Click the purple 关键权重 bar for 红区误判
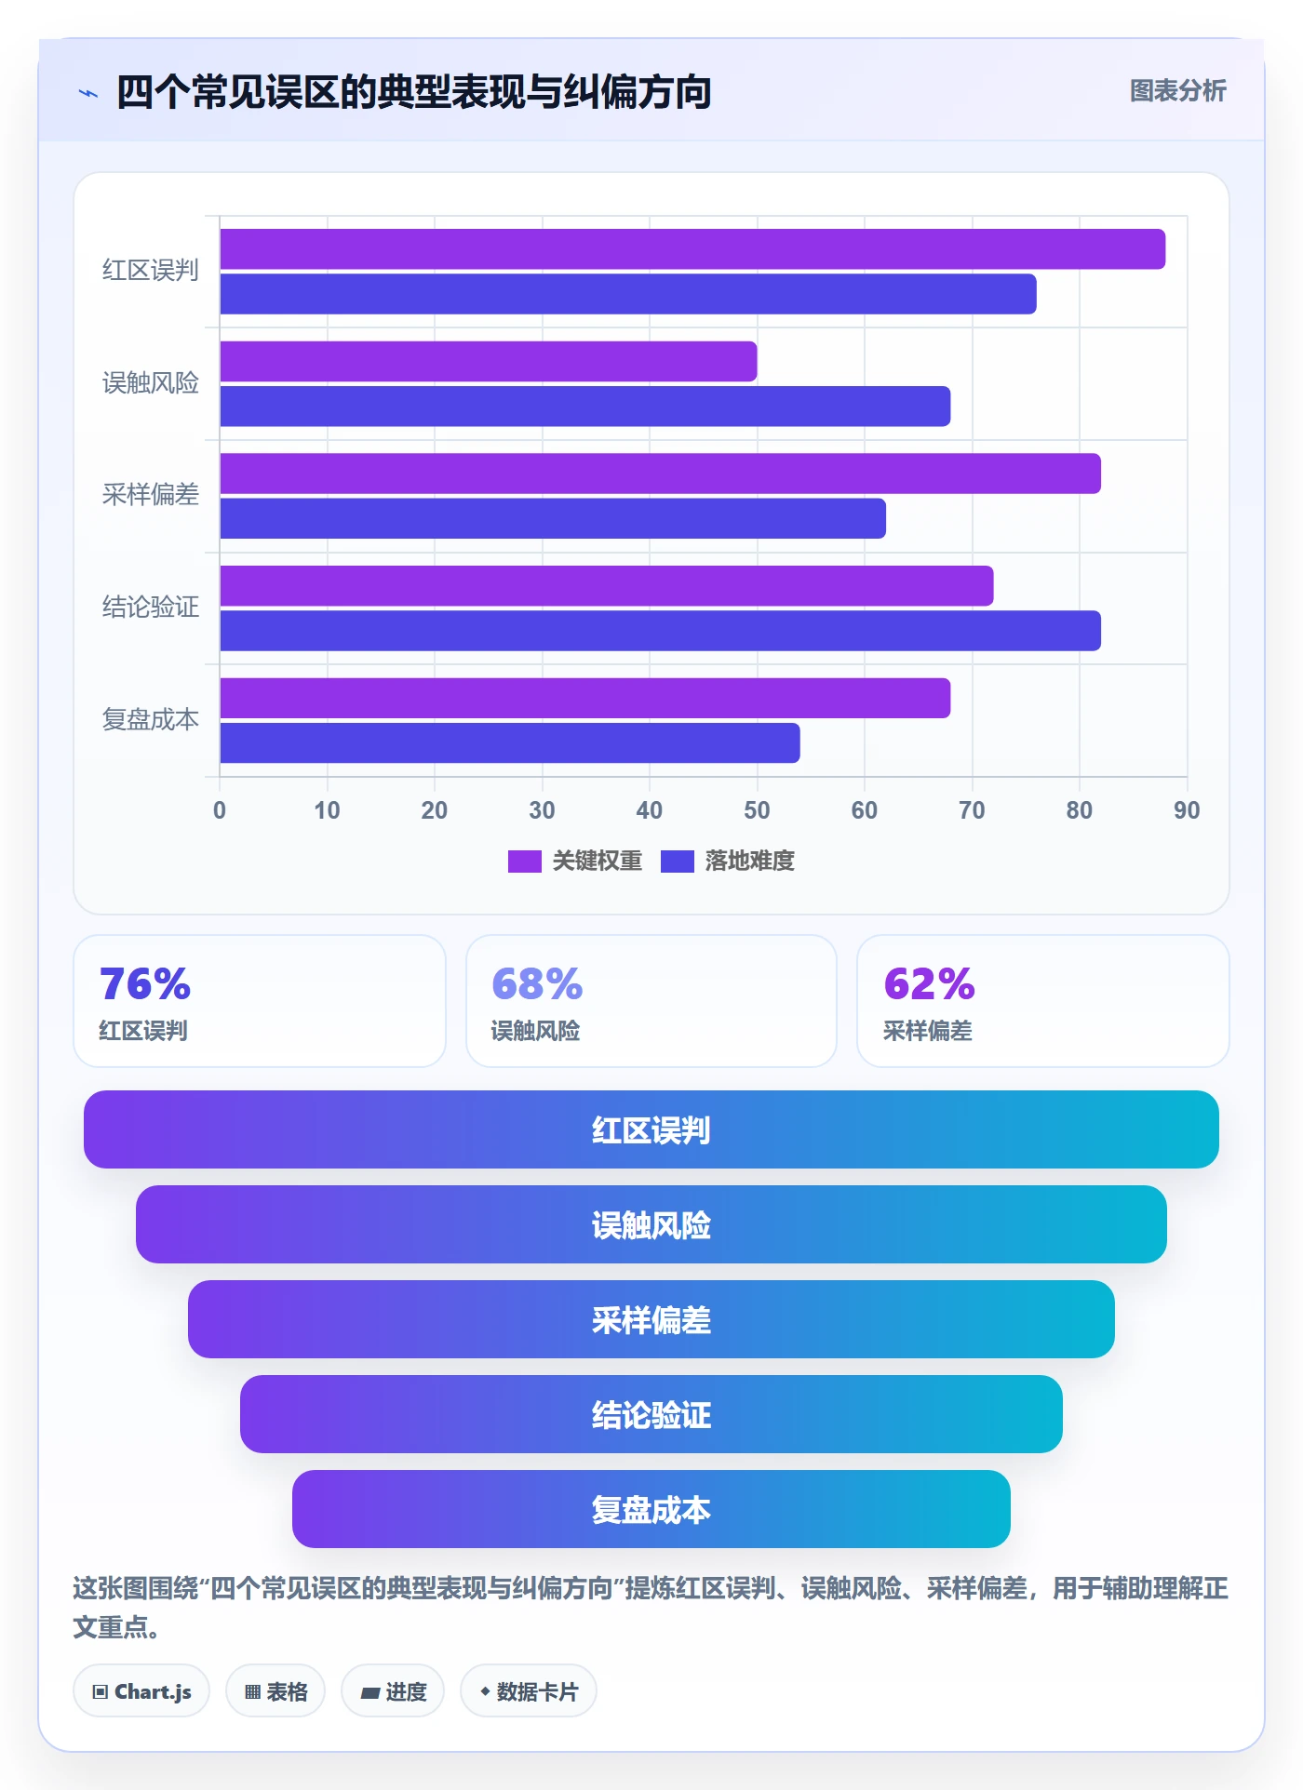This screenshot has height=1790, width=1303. pyautogui.click(x=692, y=249)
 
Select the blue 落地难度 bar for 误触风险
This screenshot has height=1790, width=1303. pyautogui.click(x=585, y=407)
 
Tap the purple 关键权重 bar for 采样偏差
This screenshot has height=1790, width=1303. pyautogui.click(x=661, y=474)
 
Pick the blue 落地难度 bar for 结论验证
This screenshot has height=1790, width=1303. pyautogui.click(x=661, y=631)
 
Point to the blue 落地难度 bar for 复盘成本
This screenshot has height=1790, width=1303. pyautogui.click(x=510, y=743)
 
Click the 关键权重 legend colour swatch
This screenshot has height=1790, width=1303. pyautogui.click(x=525, y=862)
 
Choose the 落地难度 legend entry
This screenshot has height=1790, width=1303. pyautogui.click(x=728, y=862)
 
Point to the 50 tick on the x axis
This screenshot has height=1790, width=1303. pyautogui.click(x=757, y=810)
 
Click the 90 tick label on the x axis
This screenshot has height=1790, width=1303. pyautogui.click(x=1187, y=810)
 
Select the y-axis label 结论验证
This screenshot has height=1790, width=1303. pyautogui.click(x=151, y=608)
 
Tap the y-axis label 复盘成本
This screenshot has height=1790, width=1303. pyautogui.click(x=151, y=720)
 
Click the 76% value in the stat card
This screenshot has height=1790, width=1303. pyautogui.click(x=145, y=984)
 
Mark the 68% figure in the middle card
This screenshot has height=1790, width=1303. pyautogui.click(x=537, y=984)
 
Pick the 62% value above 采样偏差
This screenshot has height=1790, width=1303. pyautogui.click(x=929, y=984)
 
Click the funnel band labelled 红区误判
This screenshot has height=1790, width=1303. pyautogui.click(x=651, y=1129)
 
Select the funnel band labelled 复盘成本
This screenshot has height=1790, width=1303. pyautogui.click(x=651, y=1509)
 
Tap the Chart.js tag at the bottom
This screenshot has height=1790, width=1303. pyautogui.click(x=141, y=1691)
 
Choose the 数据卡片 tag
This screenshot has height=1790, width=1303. pyautogui.click(x=529, y=1691)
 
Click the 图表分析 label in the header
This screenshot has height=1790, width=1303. pyautogui.click(x=1178, y=91)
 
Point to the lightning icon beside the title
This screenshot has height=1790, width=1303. pyautogui.click(x=88, y=93)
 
